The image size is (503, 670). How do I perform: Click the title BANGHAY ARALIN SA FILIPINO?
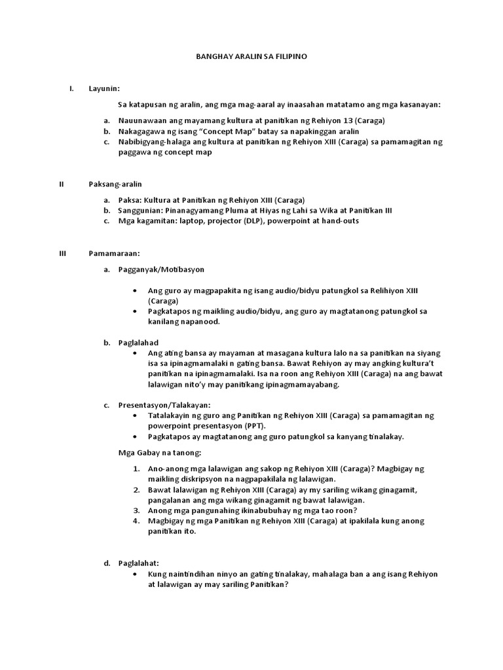click(x=251, y=57)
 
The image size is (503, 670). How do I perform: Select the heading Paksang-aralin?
click(x=115, y=184)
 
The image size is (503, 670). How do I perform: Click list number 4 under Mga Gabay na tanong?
click(x=136, y=521)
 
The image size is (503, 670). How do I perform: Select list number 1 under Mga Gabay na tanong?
click(x=136, y=469)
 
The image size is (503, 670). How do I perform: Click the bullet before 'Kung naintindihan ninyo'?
click(x=134, y=574)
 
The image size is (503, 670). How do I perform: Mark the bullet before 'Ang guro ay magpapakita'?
click(x=134, y=291)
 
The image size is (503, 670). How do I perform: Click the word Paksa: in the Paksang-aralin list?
click(x=130, y=200)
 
